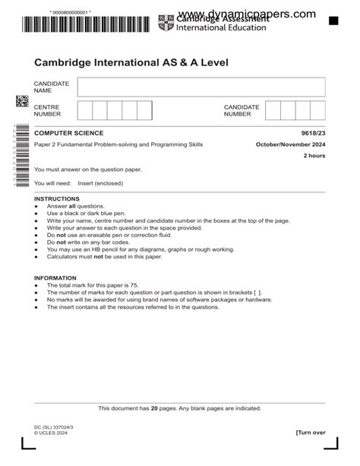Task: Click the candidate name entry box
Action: coord(201,87)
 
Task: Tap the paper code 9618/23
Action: coord(313,134)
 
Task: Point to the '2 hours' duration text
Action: coord(314,155)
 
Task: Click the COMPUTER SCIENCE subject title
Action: coord(68,134)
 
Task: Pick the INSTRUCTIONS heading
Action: coord(56,198)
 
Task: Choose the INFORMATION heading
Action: coord(55,278)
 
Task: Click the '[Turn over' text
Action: coord(311,433)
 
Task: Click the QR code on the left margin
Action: coord(23,101)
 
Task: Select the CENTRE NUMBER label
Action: coord(48,110)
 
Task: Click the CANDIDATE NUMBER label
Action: coord(242,110)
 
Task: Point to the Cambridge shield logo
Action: coord(166,23)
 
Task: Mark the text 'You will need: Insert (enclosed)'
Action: coord(78,183)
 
